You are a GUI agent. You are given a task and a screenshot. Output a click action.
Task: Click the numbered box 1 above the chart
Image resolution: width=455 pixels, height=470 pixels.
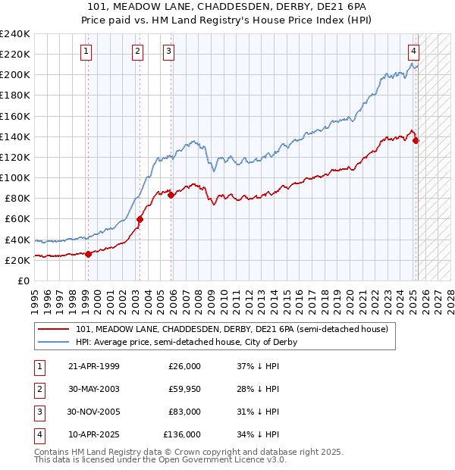click(86, 52)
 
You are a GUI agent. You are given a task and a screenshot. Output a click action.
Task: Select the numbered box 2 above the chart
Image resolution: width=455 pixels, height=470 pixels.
click(137, 52)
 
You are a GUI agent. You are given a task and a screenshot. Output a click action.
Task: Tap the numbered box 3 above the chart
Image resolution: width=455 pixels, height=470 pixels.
click(168, 52)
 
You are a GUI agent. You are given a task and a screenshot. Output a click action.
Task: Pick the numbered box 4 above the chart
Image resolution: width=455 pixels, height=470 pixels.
click(414, 52)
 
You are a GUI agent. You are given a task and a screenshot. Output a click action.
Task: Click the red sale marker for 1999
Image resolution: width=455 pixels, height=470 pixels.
click(88, 254)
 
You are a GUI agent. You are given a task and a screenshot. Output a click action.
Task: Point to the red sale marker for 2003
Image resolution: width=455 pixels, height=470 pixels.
click(140, 220)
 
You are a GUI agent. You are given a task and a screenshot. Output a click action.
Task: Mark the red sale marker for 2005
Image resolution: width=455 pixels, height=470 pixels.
click(171, 195)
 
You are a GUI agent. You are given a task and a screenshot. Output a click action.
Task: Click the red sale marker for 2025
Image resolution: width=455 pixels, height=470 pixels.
click(416, 140)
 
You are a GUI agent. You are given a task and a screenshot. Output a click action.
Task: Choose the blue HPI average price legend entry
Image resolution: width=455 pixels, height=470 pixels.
click(187, 342)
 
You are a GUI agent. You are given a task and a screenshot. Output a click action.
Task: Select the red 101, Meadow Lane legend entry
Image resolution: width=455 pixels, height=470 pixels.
click(232, 329)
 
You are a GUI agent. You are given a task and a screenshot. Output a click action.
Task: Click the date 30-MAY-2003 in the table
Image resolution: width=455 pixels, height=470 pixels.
click(93, 390)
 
